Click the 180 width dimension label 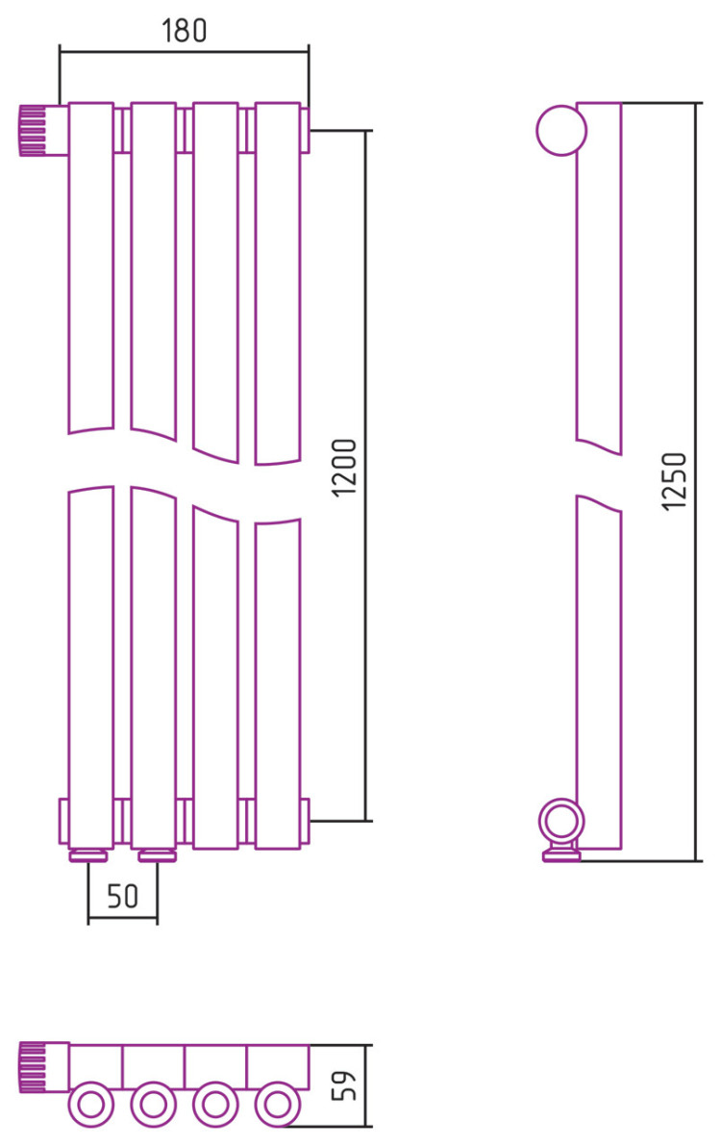(184, 30)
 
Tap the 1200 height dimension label (344, 468)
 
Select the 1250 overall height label (674, 481)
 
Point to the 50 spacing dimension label (122, 896)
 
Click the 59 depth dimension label (344, 1085)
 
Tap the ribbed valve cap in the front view (32, 130)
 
